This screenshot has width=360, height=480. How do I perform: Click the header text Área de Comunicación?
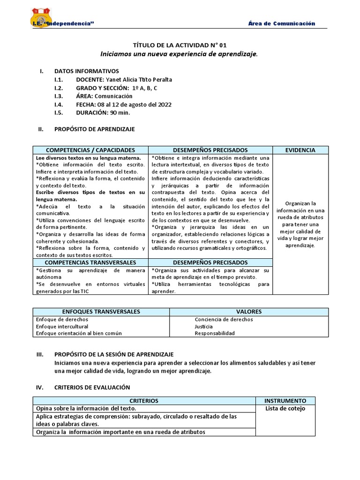click(x=281, y=24)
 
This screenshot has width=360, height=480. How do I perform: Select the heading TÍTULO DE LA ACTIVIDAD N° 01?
click(x=180, y=45)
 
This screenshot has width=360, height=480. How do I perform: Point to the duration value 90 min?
click(x=120, y=113)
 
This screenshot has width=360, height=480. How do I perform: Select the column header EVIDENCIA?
click(x=300, y=150)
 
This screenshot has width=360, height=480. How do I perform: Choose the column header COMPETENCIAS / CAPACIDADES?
click(x=90, y=150)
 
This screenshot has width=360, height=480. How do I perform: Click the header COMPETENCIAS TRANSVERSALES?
click(x=90, y=262)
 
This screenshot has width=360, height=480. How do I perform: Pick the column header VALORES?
click(x=249, y=312)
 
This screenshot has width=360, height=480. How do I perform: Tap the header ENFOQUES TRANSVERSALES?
click(x=101, y=312)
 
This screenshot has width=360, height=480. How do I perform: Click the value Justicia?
click(x=203, y=326)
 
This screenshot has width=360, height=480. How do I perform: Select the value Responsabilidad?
click(x=215, y=333)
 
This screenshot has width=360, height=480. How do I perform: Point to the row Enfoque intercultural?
click(x=62, y=326)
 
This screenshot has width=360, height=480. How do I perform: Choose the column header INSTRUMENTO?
click(x=285, y=401)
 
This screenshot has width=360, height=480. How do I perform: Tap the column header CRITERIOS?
click(x=144, y=401)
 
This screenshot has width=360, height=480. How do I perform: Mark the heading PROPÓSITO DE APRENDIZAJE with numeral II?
click(x=94, y=129)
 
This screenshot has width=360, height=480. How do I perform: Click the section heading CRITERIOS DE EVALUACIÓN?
click(x=92, y=387)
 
